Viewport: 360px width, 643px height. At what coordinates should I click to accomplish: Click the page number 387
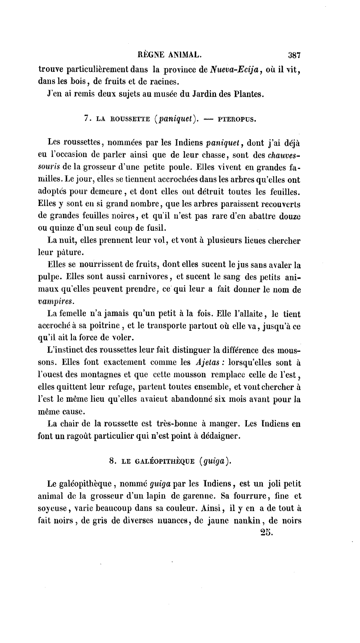291,55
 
